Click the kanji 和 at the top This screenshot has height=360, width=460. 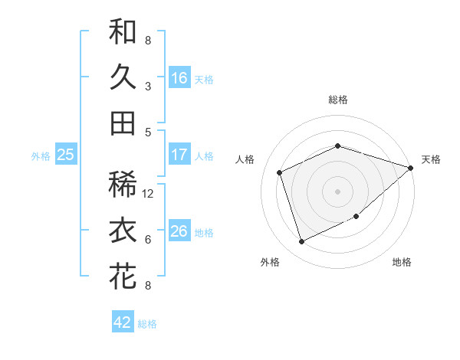pyautogui.click(x=123, y=32)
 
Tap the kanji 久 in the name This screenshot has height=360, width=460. pyautogui.click(x=123, y=77)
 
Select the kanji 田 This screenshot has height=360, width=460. pyautogui.click(x=123, y=123)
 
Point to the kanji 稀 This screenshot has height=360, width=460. pyautogui.click(x=123, y=185)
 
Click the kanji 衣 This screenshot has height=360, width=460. pyautogui.click(x=123, y=231)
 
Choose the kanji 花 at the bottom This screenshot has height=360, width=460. pyautogui.click(x=123, y=276)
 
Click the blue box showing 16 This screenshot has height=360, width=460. pyautogui.click(x=179, y=77)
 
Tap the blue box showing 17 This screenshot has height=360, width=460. pyautogui.click(x=179, y=155)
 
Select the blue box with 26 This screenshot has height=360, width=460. pyautogui.click(x=179, y=231)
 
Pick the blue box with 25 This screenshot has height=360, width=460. pyautogui.click(x=65, y=155)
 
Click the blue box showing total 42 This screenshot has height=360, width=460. pyautogui.click(x=123, y=322)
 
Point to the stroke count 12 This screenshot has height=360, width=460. pyautogui.click(x=149, y=194)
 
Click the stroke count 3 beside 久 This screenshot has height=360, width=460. pyautogui.click(x=148, y=87)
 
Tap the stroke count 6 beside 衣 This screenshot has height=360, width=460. pyautogui.click(x=148, y=240)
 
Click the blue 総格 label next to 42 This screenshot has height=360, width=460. pyautogui.click(x=148, y=324)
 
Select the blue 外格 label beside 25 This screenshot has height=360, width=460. pyautogui.click(x=41, y=156)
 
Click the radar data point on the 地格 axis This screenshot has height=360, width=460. pyautogui.click(x=357, y=216)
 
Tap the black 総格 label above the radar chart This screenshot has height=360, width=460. pyautogui.click(x=338, y=100)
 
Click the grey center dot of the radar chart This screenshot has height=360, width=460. pyautogui.click(x=338, y=191)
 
